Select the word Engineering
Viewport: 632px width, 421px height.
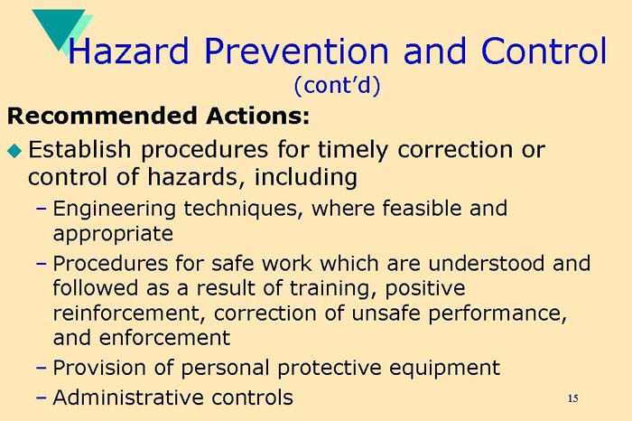pyautogui.click(x=116, y=209)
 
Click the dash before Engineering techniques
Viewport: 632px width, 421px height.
pyautogui.click(x=42, y=210)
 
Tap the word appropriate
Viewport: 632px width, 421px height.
pyautogui.click(x=113, y=234)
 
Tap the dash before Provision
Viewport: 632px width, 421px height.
pyautogui.click(x=42, y=369)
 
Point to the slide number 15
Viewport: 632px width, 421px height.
pyautogui.click(x=573, y=398)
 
